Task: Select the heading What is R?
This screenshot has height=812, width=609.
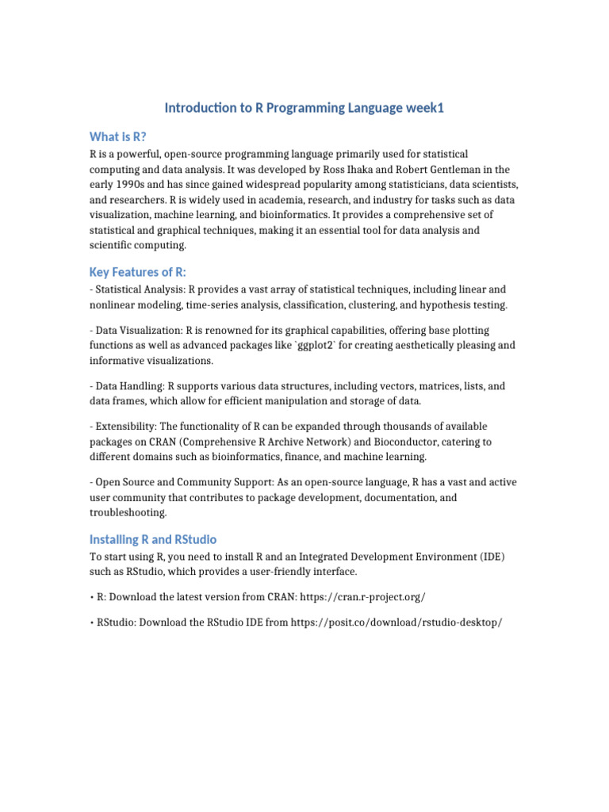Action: tap(117, 136)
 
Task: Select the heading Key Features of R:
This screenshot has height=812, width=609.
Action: tap(138, 272)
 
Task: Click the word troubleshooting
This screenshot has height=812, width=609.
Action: tap(128, 513)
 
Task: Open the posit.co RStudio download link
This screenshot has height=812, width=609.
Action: tap(396, 622)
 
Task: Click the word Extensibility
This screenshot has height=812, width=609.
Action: tap(123, 427)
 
